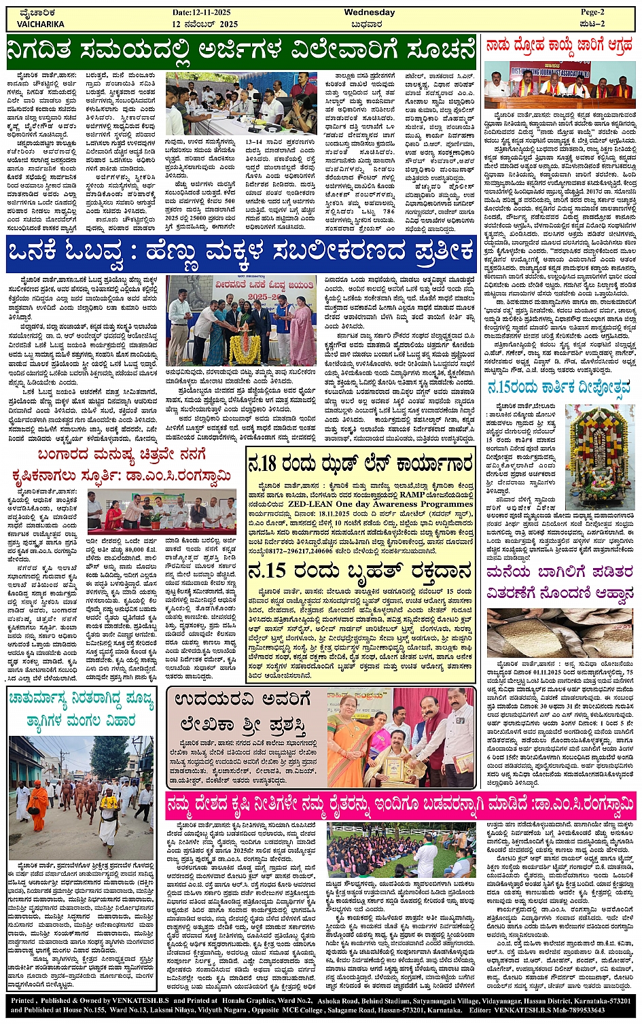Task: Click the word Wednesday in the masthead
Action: pos(369,12)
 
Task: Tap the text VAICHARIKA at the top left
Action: pos(40,24)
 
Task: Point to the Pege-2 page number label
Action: pos(591,12)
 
